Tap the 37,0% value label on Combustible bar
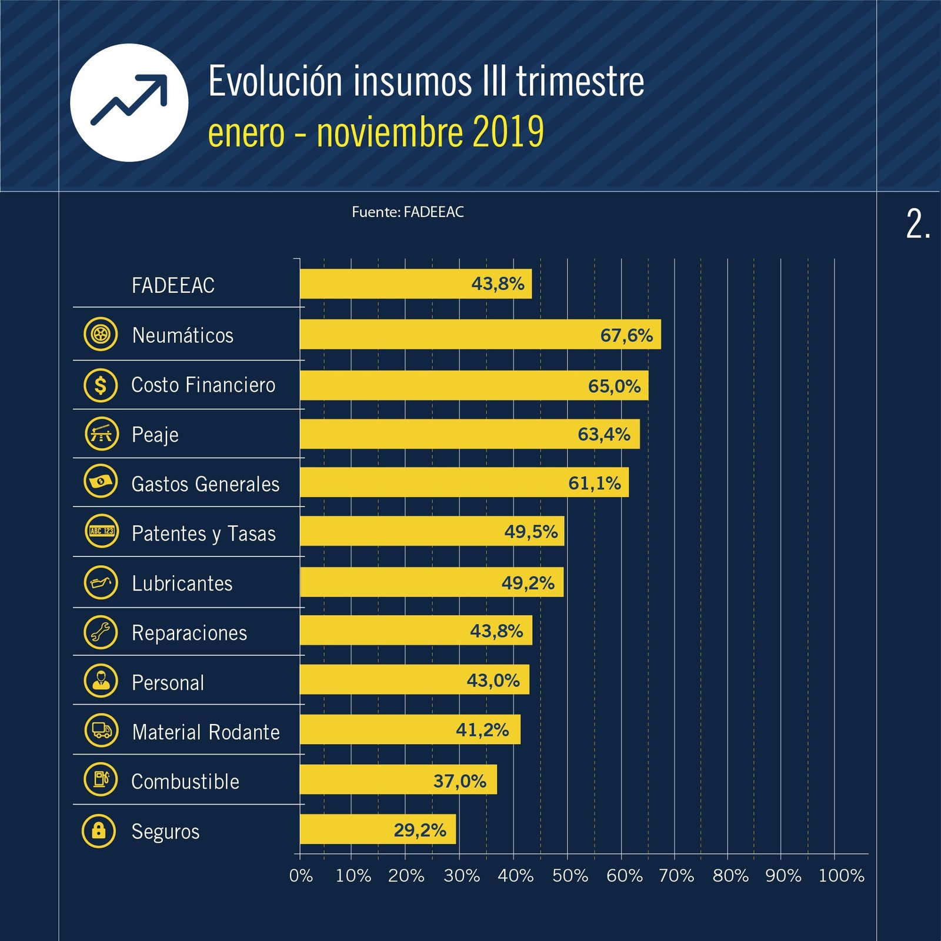click(x=459, y=781)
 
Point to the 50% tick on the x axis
click(x=570, y=876)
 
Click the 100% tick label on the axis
click(x=841, y=876)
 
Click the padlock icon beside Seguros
click(x=99, y=830)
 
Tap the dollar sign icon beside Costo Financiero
click(x=101, y=385)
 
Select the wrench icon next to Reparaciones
click(x=101, y=632)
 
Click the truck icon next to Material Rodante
click(x=101, y=730)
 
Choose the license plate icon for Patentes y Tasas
click(x=101, y=531)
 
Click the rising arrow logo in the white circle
click(x=129, y=102)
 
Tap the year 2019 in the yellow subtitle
click(x=508, y=132)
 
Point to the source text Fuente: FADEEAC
click(x=408, y=212)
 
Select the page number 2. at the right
click(x=917, y=224)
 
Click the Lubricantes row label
click(x=182, y=583)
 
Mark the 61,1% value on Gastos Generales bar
click(x=594, y=483)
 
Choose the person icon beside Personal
click(x=101, y=680)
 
